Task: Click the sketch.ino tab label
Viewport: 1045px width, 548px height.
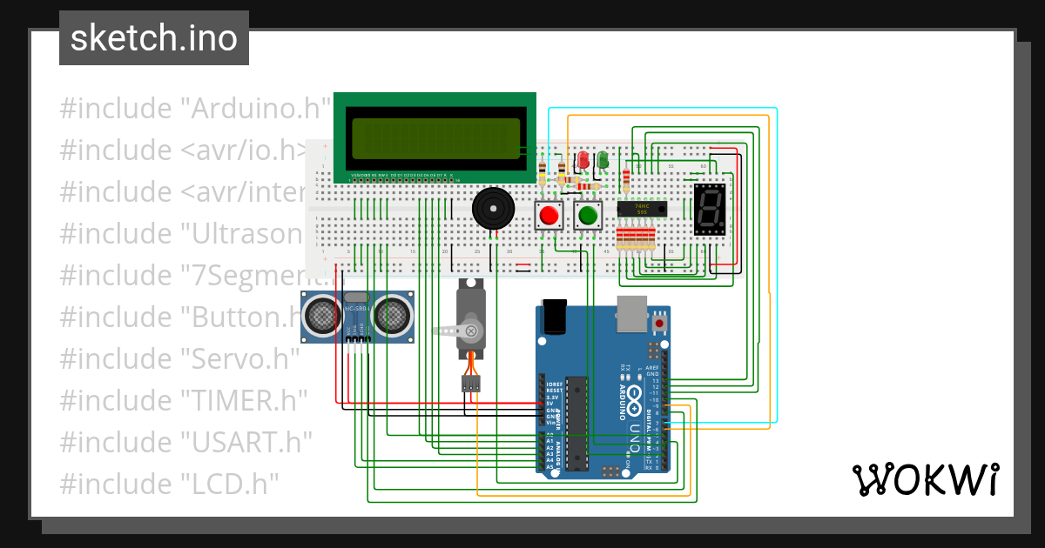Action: (153, 38)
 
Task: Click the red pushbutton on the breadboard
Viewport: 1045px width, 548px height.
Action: (549, 215)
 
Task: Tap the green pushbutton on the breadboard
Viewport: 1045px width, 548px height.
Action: (588, 215)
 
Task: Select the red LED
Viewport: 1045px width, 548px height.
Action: (583, 160)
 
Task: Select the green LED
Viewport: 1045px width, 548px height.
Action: (601, 160)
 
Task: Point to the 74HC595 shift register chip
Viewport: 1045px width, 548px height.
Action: (641, 209)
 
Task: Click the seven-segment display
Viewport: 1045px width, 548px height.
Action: (710, 210)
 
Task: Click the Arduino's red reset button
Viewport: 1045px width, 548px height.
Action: (659, 324)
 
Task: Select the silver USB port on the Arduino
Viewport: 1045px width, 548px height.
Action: (631, 313)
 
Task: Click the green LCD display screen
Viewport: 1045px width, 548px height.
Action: (435, 139)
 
